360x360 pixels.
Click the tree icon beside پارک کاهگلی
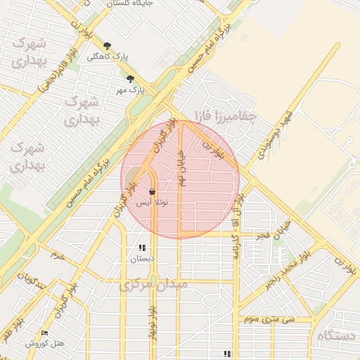[x=107, y=46]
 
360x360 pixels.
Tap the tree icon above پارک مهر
[x=131, y=79]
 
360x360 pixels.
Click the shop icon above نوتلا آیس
[x=153, y=191]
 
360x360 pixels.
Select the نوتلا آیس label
[x=152, y=202]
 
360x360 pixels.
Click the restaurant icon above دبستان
[x=141, y=247]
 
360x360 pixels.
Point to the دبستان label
[x=141, y=259]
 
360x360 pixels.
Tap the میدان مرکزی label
[x=153, y=285]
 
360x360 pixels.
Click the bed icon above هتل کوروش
[x=45, y=333]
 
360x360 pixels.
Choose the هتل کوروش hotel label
[x=45, y=344]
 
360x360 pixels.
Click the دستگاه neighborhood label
[x=337, y=336]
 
